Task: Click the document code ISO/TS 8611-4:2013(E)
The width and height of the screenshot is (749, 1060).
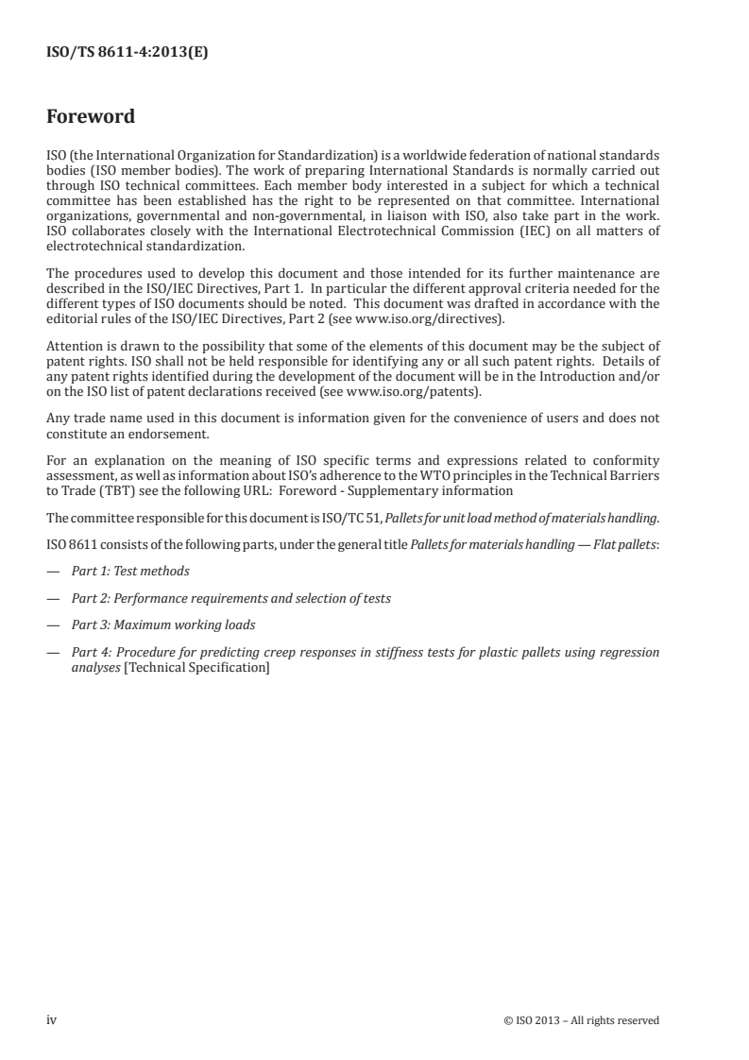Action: tap(127, 54)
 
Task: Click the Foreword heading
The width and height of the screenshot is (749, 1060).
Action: tap(91, 117)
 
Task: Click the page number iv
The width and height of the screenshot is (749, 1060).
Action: tap(53, 1019)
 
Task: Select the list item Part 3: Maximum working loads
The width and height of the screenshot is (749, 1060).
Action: tap(151, 624)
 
